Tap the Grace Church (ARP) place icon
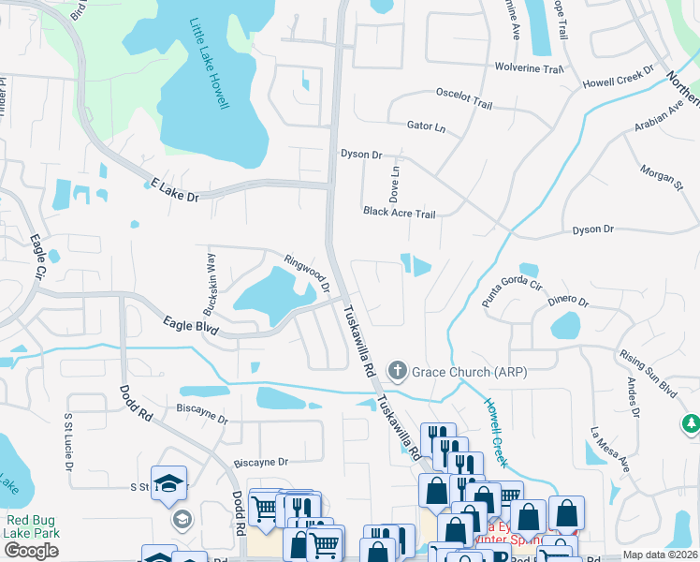click(398, 372)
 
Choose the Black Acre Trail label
click(400, 214)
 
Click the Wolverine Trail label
click(531, 69)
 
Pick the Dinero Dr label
click(568, 302)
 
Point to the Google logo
click(32, 550)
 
